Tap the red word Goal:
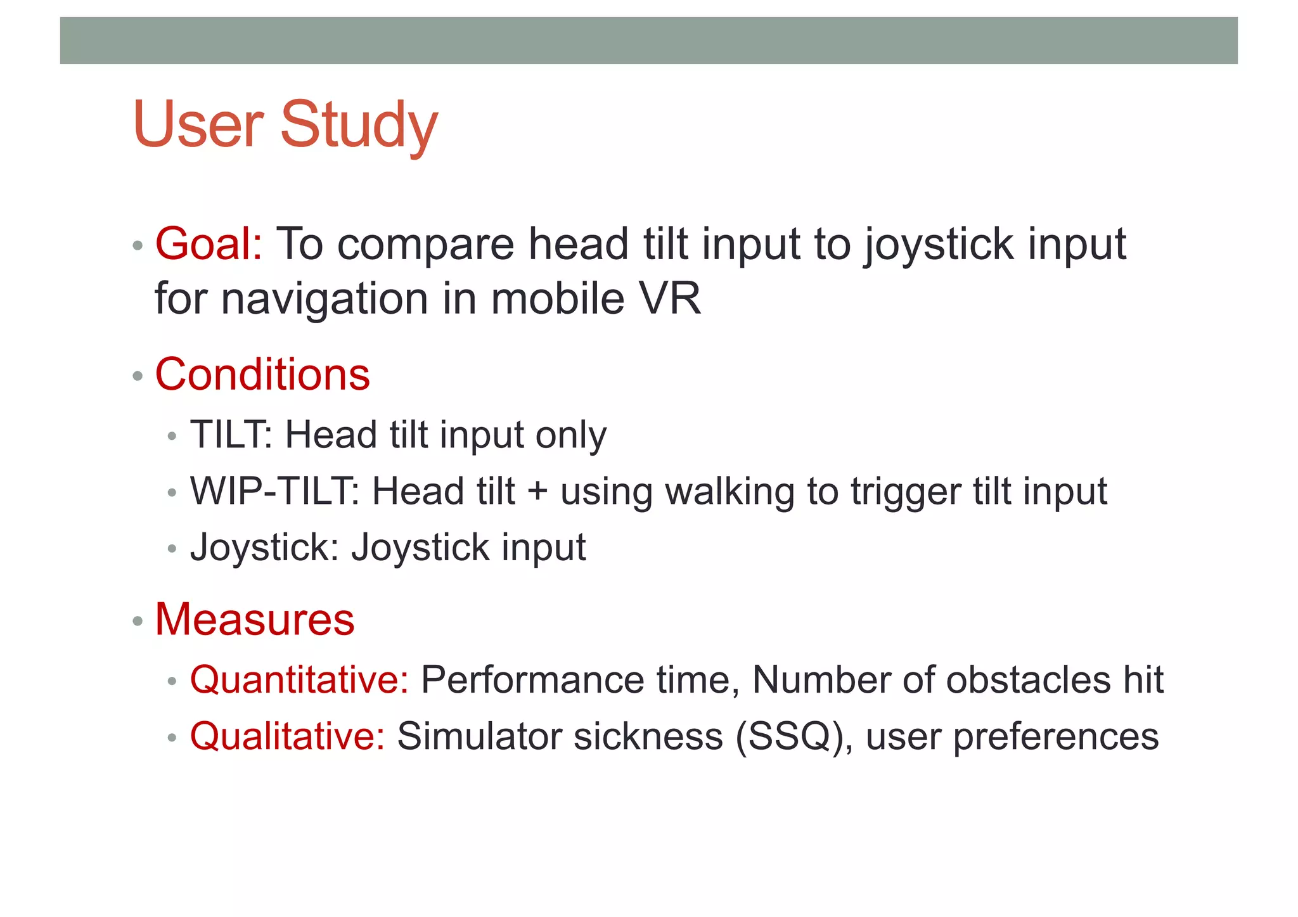pos(209,244)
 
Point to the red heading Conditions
pos(262,375)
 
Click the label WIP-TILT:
pos(275,491)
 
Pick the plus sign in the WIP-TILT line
pos(537,492)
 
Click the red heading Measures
pos(255,619)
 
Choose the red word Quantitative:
pos(300,680)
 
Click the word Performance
pos(532,680)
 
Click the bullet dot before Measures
pos(138,621)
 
